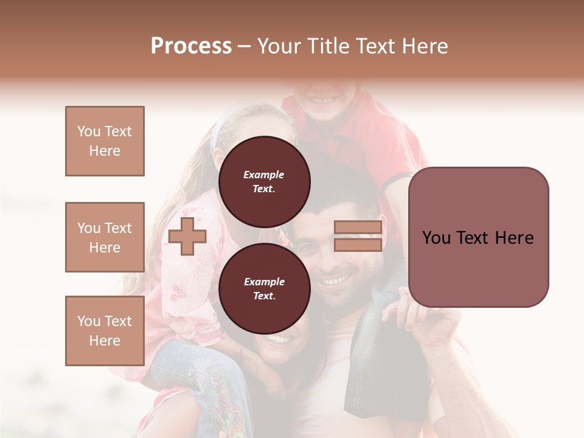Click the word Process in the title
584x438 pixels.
191,46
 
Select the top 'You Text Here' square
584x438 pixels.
105,141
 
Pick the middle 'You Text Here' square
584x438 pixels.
105,237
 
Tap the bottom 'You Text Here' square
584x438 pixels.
105,330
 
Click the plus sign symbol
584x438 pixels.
187,236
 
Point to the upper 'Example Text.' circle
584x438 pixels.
264,182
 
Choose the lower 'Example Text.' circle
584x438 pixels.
264,289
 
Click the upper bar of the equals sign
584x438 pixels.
358,228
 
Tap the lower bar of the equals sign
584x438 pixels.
358,245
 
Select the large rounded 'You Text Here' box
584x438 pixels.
478,237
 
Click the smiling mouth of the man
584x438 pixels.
336,280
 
